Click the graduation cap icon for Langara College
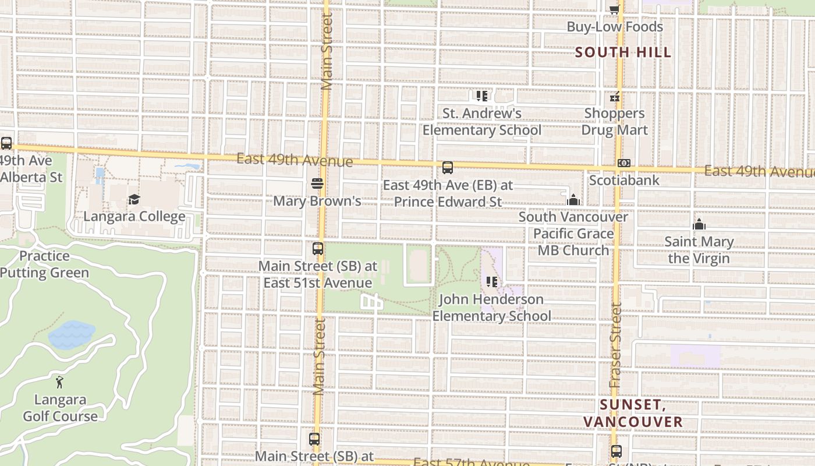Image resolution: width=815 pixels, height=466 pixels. tap(134, 200)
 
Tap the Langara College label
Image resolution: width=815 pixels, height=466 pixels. tap(134, 217)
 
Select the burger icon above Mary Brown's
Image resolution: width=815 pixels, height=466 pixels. tap(317, 184)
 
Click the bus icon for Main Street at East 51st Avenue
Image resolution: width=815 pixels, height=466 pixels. tap(318, 249)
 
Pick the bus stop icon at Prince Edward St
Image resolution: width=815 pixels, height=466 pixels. tap(448, 168)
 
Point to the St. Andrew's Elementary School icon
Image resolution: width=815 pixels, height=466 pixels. tap(481, 96)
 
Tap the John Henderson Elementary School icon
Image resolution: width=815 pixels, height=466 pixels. tap(492, 282)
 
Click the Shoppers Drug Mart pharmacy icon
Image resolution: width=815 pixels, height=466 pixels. tap(615, 97)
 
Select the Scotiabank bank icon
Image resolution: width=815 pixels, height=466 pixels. tap(624, 164)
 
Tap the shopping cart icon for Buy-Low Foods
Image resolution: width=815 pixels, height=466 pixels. tap(614, 9)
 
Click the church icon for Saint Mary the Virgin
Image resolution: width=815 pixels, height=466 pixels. tap(699, 224)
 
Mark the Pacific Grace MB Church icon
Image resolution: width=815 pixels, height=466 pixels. tap(573, 200)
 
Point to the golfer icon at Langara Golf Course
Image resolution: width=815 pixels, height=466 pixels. tap(59, 383)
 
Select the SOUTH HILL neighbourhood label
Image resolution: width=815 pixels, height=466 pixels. tap(623, 52)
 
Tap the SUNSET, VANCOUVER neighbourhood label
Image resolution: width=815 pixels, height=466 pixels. tap(633, 413)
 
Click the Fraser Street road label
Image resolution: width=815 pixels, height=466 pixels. tap(616, 346)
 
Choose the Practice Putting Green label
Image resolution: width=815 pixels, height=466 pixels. tap(44, 264)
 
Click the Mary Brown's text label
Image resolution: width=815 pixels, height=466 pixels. tap(317, 201)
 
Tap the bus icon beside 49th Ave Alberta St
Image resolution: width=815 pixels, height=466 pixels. tap(6, 143)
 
